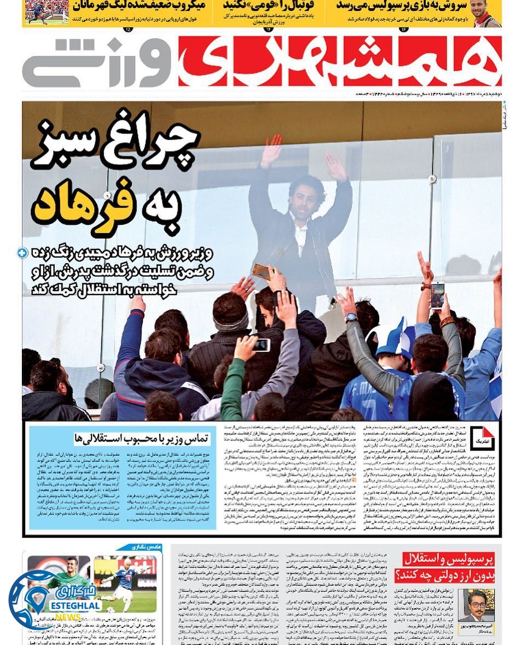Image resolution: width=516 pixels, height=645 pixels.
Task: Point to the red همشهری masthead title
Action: [339, 61]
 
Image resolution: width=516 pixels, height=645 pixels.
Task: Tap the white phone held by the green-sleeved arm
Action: [262, 345]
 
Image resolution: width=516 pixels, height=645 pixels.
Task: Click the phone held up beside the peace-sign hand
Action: [437, 295]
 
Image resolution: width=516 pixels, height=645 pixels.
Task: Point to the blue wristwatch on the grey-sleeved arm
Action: [351, 317]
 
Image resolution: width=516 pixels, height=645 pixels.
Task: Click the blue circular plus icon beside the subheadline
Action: [22, 253]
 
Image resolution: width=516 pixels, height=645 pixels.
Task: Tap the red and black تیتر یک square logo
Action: [482, 438]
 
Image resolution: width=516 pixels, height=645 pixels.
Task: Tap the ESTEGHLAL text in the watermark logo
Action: [75, 605]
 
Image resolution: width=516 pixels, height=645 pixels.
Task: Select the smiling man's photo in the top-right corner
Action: [484, 13]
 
